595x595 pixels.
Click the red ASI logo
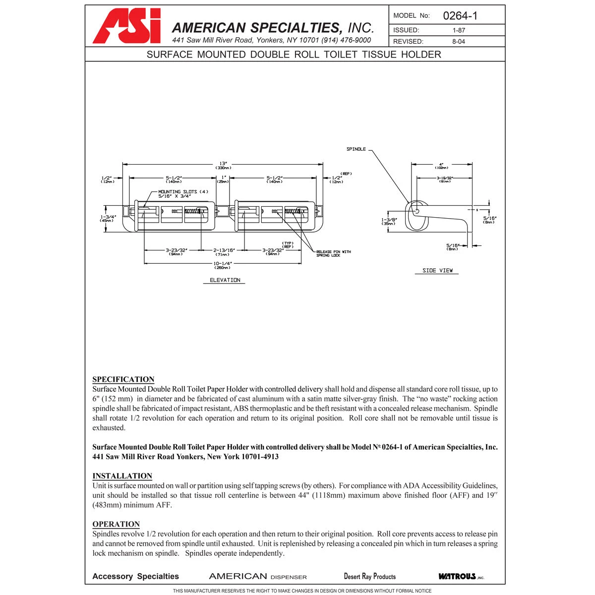[x=127, y=26]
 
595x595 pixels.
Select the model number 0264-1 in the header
[x=460, y=16]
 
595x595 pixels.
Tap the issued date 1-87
[x=459, y=30]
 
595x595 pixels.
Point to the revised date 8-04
[x=459, y=42]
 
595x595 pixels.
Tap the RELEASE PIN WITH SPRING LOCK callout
[x=333, y=253]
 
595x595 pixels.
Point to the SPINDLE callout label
[x=356, y=149]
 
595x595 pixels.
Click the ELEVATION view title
[x=225, y=280]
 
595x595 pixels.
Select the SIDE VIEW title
[x=437, y=271]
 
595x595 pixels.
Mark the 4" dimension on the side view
[x=441, y=165]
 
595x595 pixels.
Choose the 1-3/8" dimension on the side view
[x=389, y=221]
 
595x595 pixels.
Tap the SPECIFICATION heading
[x=123, y=379]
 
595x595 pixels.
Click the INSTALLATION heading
[x=122, y=476]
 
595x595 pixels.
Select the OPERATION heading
[x=116, y=524]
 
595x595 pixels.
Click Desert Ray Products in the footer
[x=370, y=576]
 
